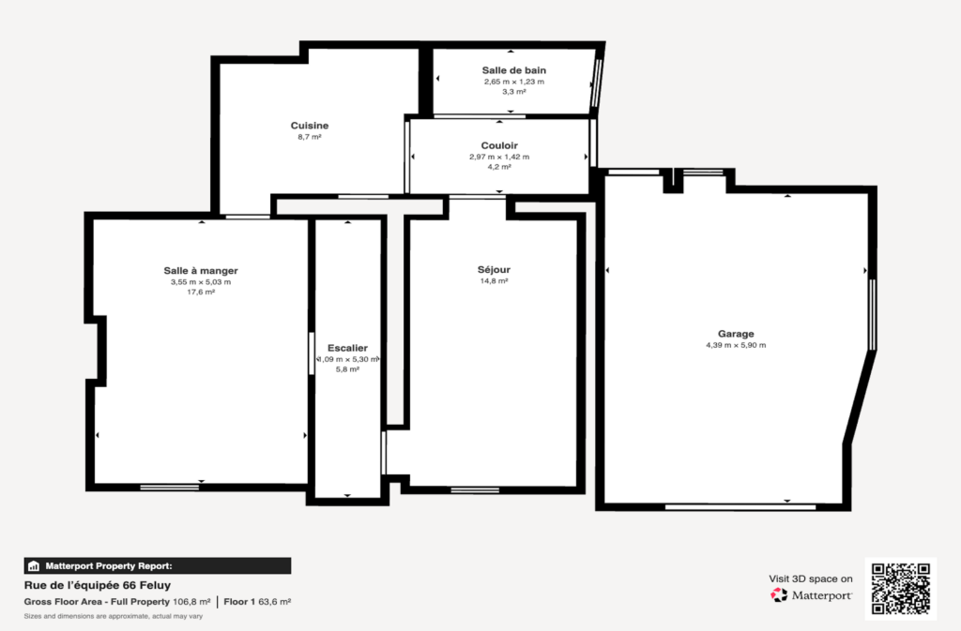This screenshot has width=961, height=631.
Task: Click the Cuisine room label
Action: coord(310,126)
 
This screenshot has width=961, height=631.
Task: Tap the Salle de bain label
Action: coord(513,70)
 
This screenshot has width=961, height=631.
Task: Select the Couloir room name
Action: coord(499,145)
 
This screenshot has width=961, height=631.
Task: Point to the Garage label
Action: coord(736,334)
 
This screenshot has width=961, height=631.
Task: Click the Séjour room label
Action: coord(494,270)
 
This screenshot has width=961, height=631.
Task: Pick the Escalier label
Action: coord(347,348)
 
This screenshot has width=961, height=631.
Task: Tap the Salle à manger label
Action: coord(201,271)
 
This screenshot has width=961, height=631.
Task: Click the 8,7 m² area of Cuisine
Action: coord(310,137)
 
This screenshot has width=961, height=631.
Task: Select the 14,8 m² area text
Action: coord(494,281)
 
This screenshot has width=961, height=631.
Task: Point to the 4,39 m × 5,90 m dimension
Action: coord(736,345)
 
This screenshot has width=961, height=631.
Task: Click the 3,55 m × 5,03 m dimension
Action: coord(201,282)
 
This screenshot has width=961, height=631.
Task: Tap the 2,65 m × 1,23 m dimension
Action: coord(514,82)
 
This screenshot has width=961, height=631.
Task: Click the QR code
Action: coord(901,589)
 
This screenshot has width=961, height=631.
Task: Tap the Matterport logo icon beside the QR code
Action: coord(779,594)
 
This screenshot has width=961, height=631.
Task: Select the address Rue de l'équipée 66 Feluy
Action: coord(98,585)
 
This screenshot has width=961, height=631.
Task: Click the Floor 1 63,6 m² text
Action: coord(257,602)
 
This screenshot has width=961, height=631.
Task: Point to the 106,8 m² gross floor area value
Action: coord(191,602)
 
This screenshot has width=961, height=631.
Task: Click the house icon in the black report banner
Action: coord(34,566)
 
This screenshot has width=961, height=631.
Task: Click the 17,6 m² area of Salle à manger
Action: coord(201,293)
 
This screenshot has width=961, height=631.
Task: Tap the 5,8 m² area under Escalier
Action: coord(347,369)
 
